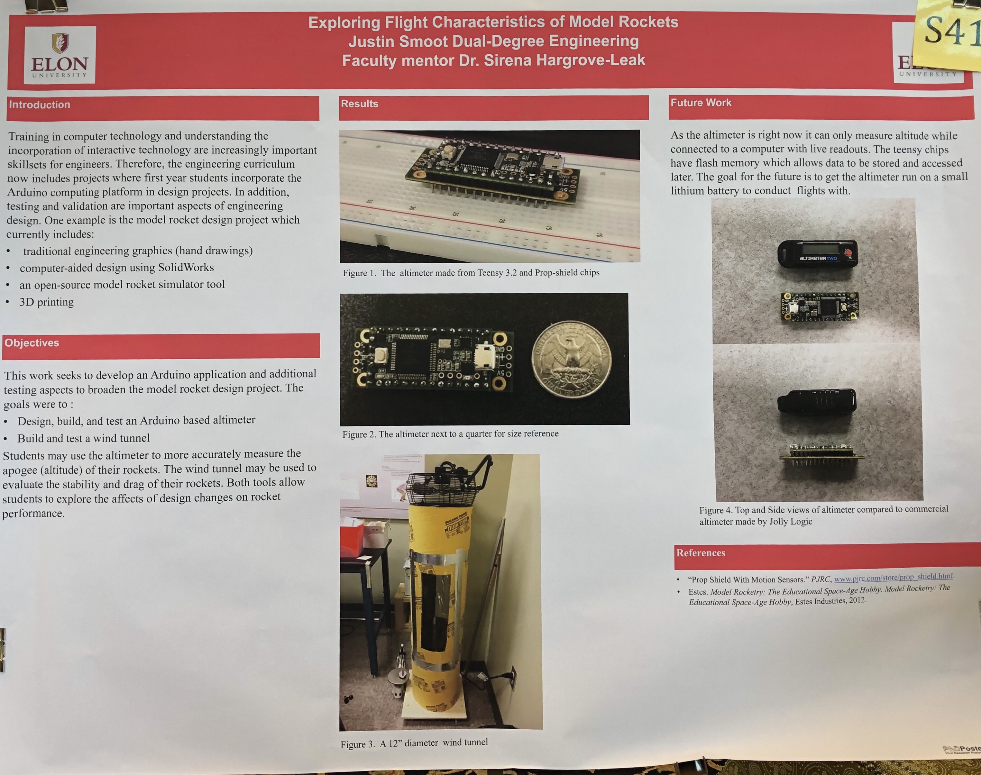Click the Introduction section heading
click(40, 105)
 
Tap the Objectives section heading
click(32, 343)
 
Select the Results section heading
click(359, 104)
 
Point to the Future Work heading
click(701, 103)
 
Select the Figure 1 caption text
click(471, 273)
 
